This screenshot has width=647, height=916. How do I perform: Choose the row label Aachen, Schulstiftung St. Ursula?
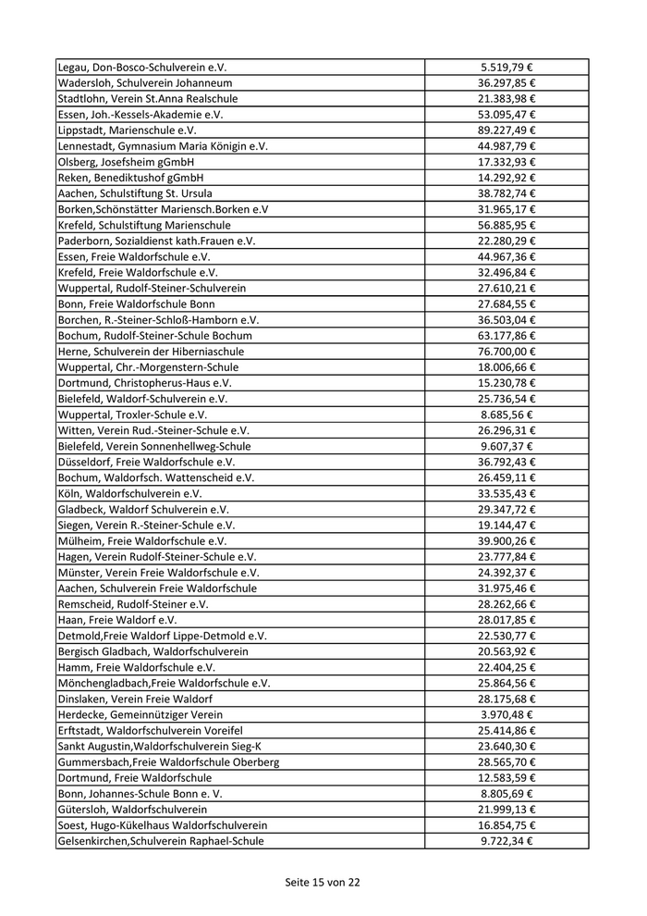point(135,193)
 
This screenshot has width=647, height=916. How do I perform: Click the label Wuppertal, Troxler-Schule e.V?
point(132,415)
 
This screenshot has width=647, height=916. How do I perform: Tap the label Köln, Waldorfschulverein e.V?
point(129,493)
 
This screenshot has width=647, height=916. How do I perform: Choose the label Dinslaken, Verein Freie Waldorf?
point(135,699)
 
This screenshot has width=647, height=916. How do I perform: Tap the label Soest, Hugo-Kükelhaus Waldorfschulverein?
point(163,825)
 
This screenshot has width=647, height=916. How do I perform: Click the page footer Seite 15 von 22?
point(323,883)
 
